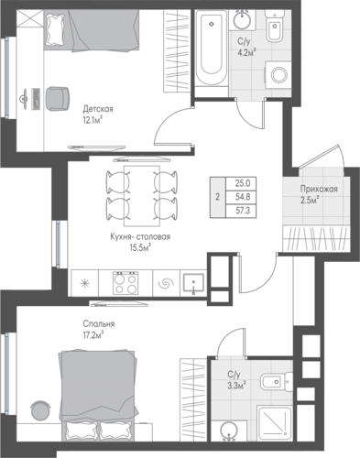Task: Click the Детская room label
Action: (98, 109)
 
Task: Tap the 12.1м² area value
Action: (92, 121)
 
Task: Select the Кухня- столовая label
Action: (140, 237)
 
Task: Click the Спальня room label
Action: (99, 324)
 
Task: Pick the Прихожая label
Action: (319, 190)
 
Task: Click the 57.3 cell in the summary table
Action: (243, 211)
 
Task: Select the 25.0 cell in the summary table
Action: (243, 183)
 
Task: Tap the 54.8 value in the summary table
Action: (243, 197)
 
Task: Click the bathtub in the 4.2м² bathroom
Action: (211, 48)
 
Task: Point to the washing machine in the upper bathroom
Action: (278, 75)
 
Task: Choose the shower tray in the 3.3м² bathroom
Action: (274, 423)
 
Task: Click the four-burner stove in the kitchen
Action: (125, 283)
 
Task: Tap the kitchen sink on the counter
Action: (193, 283)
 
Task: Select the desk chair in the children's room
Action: (57, 98)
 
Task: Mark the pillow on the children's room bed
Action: (55, 29)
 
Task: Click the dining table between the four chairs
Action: (142, 196)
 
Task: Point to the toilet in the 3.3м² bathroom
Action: (276, 381)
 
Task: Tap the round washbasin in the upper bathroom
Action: (243, 19)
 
